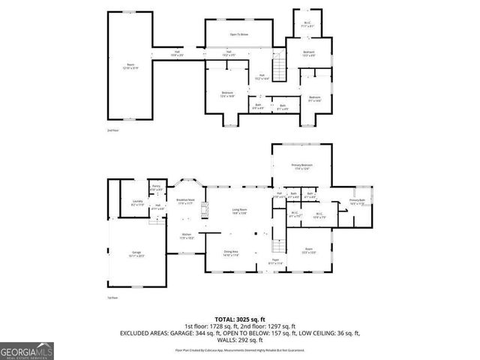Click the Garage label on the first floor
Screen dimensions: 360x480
(137, 253)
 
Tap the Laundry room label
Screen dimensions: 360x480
(137, 203)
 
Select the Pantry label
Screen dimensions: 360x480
(157, 188)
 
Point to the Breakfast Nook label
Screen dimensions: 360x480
(185, 202)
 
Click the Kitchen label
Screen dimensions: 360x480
(187, 236)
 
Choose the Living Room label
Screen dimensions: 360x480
(239, 211)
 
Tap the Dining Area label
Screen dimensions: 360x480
(231, 253)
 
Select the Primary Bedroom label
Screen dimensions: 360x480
(301, 166)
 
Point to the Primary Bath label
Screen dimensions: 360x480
(356, 202)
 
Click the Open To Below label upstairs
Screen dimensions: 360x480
(239, 35)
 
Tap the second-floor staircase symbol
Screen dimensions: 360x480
(279, 70)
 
